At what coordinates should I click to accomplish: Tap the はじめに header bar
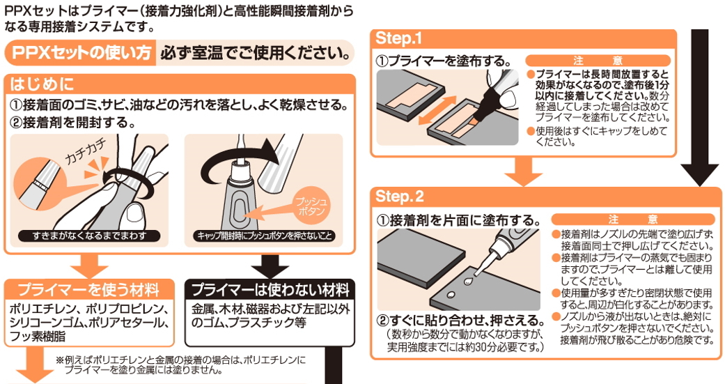pos(42,84)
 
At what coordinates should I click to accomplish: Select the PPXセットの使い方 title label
pos(79,53)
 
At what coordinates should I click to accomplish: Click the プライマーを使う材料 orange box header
pos(88,289)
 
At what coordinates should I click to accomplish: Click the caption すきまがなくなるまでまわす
pos(90,236)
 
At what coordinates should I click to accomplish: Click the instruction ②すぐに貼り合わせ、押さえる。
pos(460,321)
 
